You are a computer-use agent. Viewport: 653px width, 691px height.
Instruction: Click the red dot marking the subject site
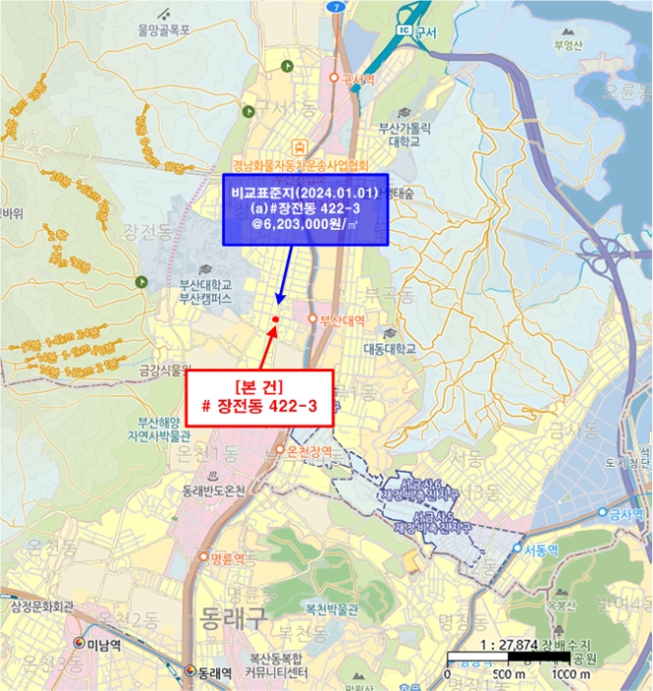276,320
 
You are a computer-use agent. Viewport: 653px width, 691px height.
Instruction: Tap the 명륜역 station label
226,557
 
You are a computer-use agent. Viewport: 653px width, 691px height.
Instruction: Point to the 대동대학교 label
391,348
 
